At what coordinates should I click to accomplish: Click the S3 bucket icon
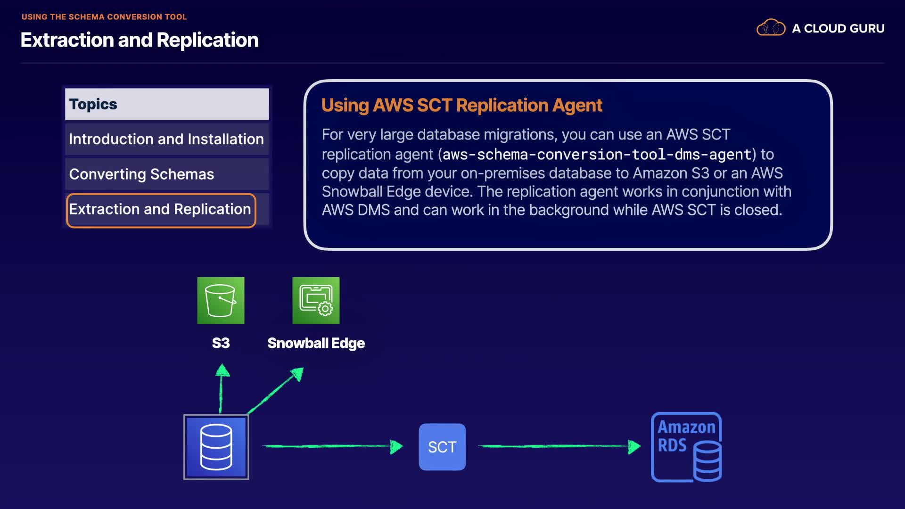coord(221,301)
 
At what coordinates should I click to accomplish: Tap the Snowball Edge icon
coord(316,301)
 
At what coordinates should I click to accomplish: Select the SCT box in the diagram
coord(442,447)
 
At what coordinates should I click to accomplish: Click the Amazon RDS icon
coord(686,447)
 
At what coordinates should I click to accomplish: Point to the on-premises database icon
coord(216,447)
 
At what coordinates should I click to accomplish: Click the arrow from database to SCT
coord(332,446)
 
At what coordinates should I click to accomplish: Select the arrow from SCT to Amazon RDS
coord(559,446)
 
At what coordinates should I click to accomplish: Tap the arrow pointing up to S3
coord(221,388)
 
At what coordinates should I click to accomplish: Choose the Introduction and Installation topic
coord(166,139)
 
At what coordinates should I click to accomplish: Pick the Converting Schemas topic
coord(141,174)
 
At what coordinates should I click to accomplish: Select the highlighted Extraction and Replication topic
coord(160,209)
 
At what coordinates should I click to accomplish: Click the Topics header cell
coord(166,104)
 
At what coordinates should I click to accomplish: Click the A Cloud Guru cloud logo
coord(771,28)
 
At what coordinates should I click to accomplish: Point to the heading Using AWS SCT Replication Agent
coord(461,105)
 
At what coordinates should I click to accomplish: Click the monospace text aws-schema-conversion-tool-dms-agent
coord(596,155)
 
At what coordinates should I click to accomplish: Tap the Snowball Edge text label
coord(316,343)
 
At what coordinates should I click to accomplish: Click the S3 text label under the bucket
coord(221,343)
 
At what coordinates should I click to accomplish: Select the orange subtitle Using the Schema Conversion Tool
coord(104,17)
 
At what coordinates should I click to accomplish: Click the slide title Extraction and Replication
coord(140,40)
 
